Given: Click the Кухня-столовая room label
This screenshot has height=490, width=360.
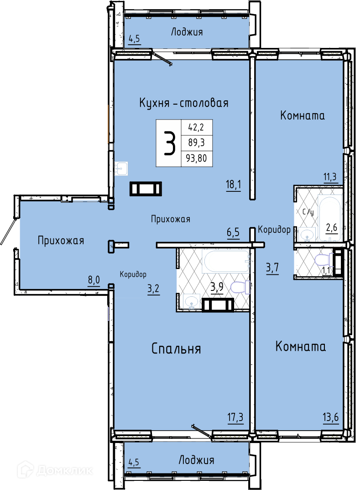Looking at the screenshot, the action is [x=183, y=102].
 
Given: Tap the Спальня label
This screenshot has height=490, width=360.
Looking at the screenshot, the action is [x=176, y=348].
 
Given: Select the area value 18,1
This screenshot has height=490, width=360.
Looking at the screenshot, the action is [x=234, y=184].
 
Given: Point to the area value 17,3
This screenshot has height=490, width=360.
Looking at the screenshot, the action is [x=235, y=417].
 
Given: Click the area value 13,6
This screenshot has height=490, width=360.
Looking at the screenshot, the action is [x=331, y=417].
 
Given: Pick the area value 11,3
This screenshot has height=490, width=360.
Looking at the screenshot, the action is [x=330, y=177].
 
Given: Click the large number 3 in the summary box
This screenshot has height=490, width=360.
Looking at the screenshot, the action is [x=169, y=143].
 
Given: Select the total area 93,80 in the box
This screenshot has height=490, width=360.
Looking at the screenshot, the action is [x=196, y=158].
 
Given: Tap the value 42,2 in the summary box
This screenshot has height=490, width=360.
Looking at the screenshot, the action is [x=196, y=127].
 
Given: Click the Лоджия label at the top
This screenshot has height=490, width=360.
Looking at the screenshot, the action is [x=187, y=32].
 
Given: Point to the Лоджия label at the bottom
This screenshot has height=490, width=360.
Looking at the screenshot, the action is [x=196, y=460].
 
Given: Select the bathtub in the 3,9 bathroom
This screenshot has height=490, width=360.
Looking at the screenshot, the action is [x=226, y=261].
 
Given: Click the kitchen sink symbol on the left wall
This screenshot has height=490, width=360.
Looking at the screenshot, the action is [x=121, y=169].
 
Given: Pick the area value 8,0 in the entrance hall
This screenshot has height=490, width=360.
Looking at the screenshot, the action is [x=94, y=279].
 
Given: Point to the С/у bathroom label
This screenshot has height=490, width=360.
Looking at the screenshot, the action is [x=308, y=212].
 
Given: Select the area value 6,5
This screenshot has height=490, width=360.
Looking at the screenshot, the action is [x=233, y=232].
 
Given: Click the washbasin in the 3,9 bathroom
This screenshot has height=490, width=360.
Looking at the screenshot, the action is [x=191, y=301].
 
